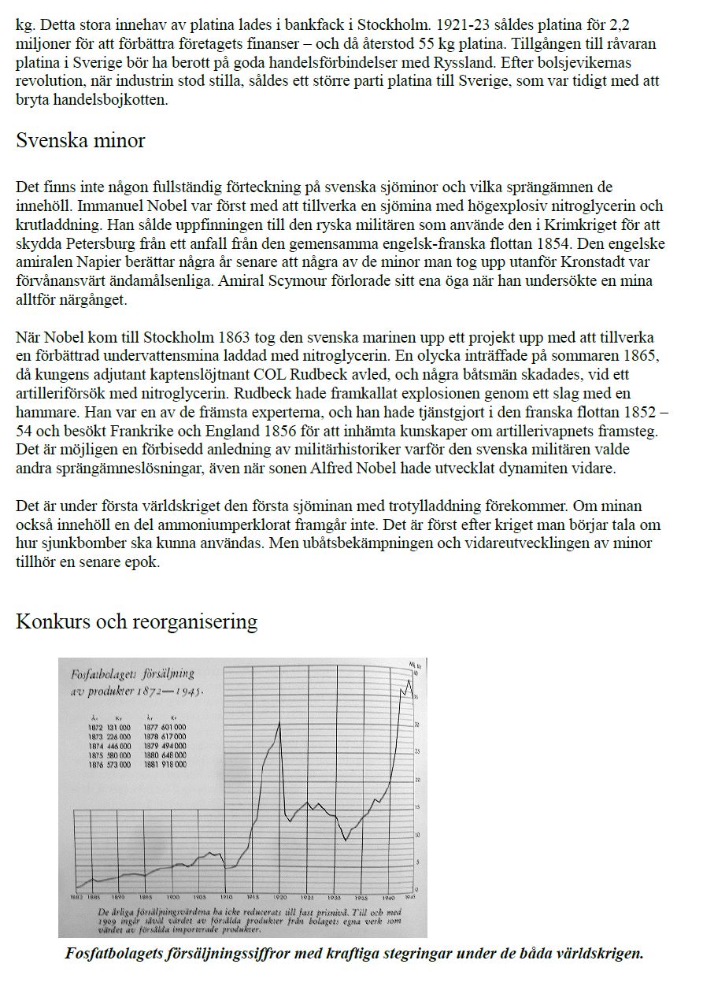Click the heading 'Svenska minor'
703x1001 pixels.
pyautogui.click(x=80, y=141)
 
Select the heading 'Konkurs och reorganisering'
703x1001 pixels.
pyautogui.click(x=136, y=621)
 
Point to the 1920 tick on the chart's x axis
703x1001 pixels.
pyautogui.click(x=279, y=897)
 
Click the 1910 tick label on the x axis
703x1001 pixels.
pyautogui.click(x=227, y=897)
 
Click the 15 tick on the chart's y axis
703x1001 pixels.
pyautogui.click(x=416, y=807)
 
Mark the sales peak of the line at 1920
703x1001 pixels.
pyautogui.click(x=279, y=722)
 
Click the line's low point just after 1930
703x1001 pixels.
pyautogui.click(x=346, y=840)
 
